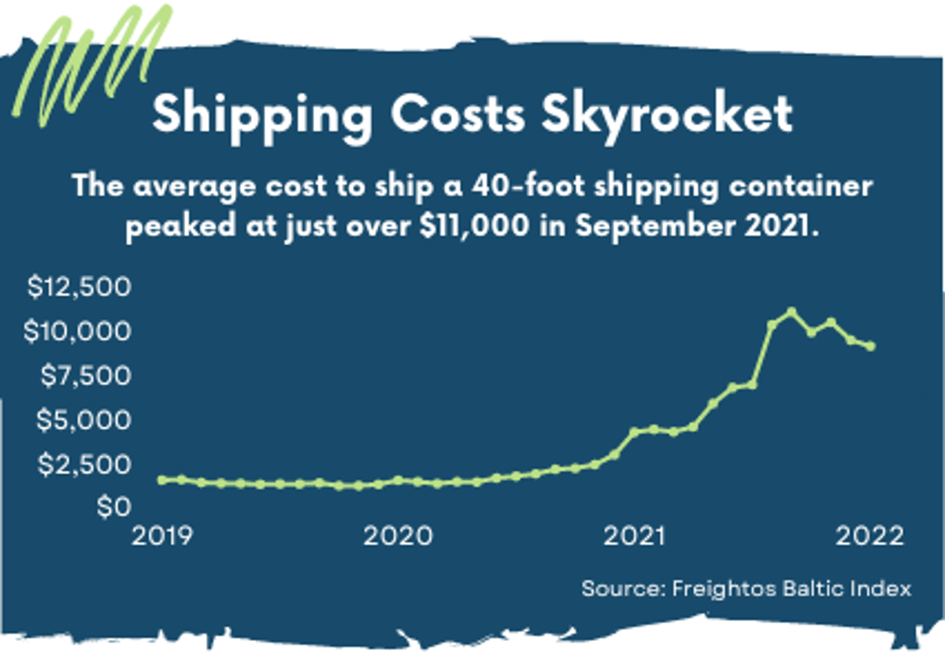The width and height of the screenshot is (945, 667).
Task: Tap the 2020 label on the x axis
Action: pos(398,536)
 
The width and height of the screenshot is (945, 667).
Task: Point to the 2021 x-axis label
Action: pos(634,536)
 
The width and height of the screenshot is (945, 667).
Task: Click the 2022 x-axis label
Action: pos(869,536)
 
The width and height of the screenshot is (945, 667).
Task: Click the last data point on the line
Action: pos(871,346)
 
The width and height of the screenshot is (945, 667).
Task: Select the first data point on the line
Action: pos(162,480)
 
